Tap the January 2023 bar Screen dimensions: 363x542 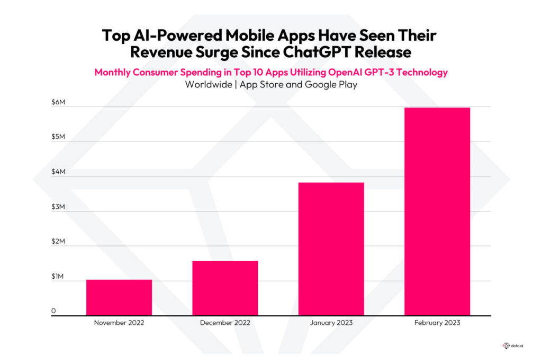pyautogui.click(x=331, y=249)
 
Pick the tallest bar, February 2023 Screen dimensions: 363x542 pyautogui.click(x=437, y=211)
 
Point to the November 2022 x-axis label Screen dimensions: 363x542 pyautogui.click(x=119, y=323)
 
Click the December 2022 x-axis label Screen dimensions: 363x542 pyautogui.click(x=225, y=323)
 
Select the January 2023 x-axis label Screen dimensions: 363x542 pyautogui.click(x=331, y=323)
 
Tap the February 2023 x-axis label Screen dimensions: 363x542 pyautogui.click(x=437, y=323)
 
